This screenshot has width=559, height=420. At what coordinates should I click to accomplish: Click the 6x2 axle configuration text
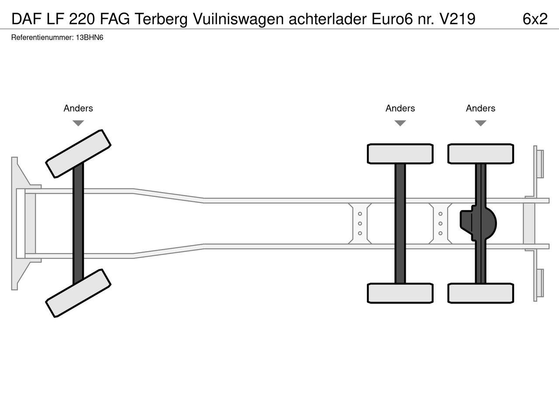coord(535,19)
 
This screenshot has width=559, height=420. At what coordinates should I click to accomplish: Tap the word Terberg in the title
coord(161,19)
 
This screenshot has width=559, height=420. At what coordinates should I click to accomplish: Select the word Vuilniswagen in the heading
coord(238,19)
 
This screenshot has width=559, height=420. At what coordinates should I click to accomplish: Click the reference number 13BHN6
coord(90,38)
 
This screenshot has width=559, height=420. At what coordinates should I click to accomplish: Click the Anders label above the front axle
coord(78,108)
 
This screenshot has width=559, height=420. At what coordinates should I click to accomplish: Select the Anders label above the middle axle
coord(400,108)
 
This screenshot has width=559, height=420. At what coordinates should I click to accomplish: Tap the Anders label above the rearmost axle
coord(480,108)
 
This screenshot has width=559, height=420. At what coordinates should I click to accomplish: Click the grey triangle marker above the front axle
coord(78,123)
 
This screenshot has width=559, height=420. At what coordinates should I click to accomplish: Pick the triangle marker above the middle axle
coord(400,123)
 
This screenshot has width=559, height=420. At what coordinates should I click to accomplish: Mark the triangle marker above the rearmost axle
coord(480,123)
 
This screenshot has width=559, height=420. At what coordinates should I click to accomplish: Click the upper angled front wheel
coord(78,154)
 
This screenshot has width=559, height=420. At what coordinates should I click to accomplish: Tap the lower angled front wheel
coord(78,293)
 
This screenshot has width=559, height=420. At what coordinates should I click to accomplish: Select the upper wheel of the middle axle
coord(400,154)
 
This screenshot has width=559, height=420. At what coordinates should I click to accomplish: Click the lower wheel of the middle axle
coord(400,293)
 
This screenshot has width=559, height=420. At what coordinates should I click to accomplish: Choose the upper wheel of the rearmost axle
coord(480,154)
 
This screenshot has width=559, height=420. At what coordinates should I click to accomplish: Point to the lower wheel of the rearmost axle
coord(480,293)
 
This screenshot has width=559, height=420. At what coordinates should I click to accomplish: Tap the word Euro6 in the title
coord(392,19)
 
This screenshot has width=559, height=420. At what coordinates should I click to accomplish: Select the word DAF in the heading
coord(27,19)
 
